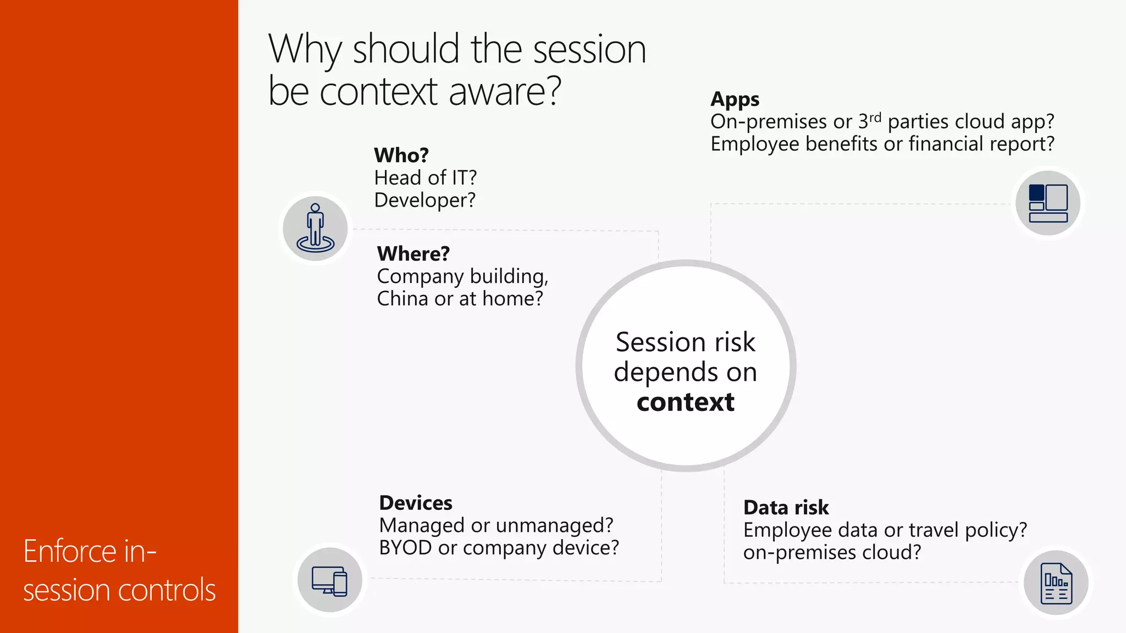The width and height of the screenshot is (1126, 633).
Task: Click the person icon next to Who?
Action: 315,229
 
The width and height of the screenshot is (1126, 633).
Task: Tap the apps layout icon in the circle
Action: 1048,203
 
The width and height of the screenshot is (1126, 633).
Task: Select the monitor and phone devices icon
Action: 329,580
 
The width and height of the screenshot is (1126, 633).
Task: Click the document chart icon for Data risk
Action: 1056,583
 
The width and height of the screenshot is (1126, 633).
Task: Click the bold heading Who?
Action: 401,156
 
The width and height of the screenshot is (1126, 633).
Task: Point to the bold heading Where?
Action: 413,254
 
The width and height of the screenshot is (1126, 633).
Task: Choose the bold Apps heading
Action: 735,99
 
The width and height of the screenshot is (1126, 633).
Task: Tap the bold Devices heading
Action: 416,503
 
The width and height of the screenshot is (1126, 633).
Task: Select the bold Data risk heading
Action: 786,507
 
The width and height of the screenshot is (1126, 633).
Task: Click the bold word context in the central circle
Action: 685,402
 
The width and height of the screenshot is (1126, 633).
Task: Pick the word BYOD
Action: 405,548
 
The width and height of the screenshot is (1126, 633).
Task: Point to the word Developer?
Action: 424,200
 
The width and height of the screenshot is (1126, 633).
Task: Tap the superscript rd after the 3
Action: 875,117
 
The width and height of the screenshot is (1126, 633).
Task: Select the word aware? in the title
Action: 505,91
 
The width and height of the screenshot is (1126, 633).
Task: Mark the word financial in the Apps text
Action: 946,144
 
